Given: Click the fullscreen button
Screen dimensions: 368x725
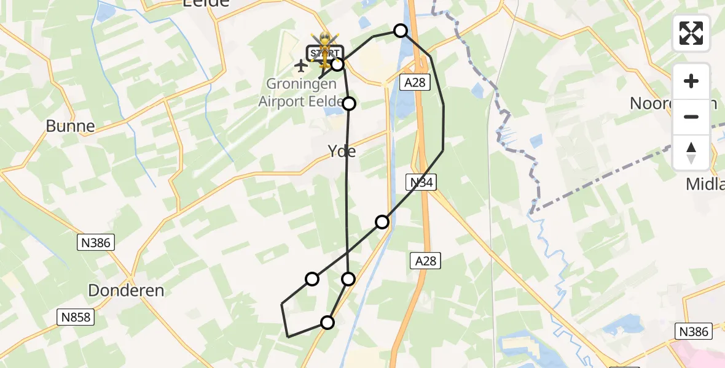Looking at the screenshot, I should click(691, 33).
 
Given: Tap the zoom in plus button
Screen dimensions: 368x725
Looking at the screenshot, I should click(691, 82).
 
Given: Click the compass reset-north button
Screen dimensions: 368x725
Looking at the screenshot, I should click(691, 153).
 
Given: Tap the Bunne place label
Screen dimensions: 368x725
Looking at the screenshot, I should click(71, 126).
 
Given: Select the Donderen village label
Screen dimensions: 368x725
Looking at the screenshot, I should click(126, 290).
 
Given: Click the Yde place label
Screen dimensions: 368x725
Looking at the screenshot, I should click(342, 151).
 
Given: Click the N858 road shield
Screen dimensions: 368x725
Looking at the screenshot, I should click(76, 317).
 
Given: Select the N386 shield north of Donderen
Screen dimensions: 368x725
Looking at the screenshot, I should click(95, 242).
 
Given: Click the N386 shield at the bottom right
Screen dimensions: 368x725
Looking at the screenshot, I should click(694, 332).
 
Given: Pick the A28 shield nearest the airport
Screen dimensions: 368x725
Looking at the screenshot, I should click(415, 82).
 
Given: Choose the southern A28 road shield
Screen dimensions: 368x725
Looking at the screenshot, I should click(425, 261).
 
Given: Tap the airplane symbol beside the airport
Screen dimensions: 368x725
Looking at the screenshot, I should click(300, 65).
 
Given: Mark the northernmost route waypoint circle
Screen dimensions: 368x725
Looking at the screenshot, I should click(401, 31).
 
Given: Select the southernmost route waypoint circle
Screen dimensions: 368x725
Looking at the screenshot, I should click(327, 323).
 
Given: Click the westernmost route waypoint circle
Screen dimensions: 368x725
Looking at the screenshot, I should click(312, 279).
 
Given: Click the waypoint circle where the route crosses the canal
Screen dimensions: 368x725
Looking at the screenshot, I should click(382, 221).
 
